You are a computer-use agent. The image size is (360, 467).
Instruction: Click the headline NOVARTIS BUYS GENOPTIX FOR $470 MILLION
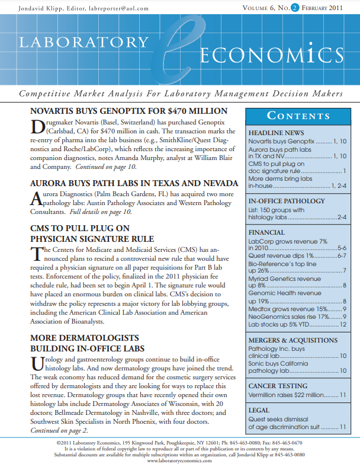128,111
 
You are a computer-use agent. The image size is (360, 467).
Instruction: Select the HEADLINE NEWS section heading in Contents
276,133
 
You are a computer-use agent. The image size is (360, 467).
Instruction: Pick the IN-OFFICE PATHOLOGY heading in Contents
287,201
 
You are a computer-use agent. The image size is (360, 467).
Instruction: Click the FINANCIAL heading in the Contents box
266,233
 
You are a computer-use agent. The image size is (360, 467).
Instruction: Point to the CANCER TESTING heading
277,386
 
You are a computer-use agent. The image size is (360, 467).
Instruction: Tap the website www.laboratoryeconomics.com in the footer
179,460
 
